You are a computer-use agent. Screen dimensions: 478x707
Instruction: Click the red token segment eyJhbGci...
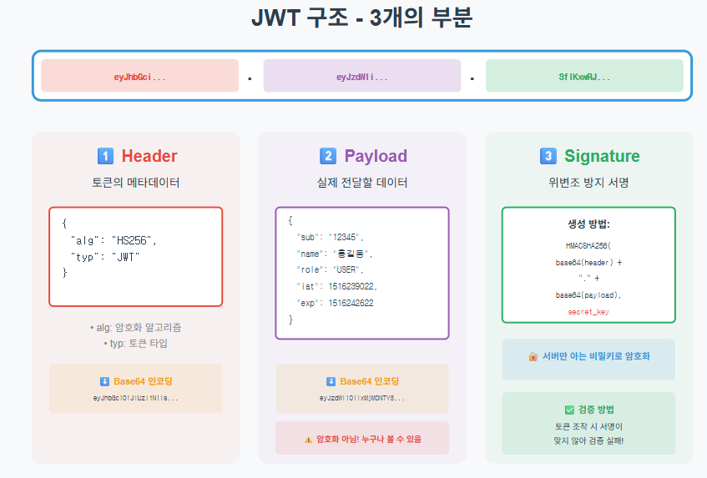point(139,77)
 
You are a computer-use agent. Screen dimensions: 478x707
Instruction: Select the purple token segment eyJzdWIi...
point(361,77)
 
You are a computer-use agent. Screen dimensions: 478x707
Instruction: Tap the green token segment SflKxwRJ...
point(584,77)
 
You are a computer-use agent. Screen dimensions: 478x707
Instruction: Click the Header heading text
point(149,156)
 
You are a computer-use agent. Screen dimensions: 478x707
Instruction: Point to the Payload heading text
point(376,156)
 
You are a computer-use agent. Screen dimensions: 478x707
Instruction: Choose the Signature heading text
point(602,156)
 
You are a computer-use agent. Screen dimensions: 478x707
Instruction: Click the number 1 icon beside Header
point(105,156)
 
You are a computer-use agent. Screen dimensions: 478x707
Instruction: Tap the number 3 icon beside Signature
point(548,156)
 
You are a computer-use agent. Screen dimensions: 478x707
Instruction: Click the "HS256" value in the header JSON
point(134,240)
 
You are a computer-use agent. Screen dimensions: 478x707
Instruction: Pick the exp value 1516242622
point(351,303)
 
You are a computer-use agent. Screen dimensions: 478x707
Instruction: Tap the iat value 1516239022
point(353,286)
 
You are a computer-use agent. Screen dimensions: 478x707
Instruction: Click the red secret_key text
point(588,311)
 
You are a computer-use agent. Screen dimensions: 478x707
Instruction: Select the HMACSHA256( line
point(588,245)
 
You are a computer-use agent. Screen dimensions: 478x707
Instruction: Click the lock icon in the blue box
point(533,356)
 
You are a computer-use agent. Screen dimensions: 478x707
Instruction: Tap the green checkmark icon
point(569,410)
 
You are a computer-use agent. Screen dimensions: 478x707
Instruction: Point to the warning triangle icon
point(308,440)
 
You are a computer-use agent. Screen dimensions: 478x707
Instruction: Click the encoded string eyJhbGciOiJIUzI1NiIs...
point(135,398)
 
